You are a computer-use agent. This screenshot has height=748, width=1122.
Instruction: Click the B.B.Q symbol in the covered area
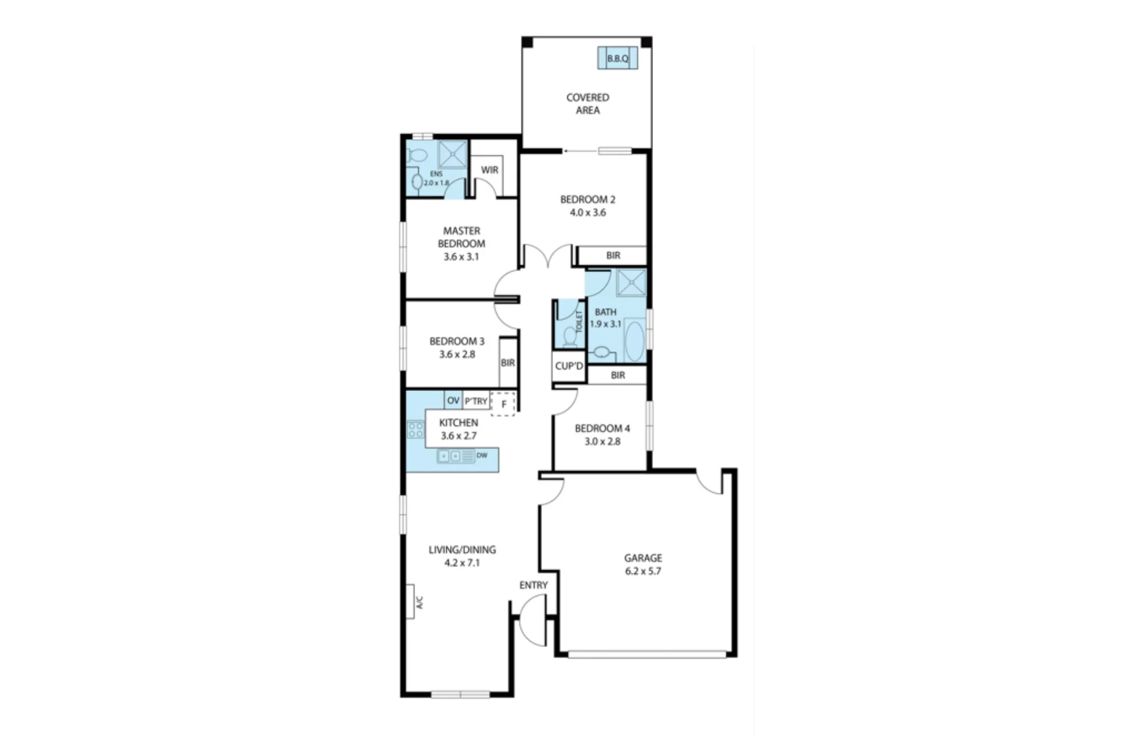[x=618, y=58]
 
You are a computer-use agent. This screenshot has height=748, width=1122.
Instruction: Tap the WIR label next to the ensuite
[x=489, y=170]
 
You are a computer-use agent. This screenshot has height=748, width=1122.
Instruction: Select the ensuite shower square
[x=452, y=155]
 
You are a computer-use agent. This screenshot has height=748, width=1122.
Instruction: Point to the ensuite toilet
[x=417, y=155]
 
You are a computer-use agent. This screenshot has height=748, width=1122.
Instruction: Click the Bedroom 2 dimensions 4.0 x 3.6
[x=588, y=213]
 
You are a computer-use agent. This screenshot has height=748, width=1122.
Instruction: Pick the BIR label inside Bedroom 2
[x=613, y=255]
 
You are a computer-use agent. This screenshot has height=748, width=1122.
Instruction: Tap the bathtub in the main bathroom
[x=636, y=341]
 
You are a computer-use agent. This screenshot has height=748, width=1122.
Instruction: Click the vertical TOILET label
[x=580, y=322]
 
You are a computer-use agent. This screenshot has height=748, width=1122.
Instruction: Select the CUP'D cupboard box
[x=569, y=366]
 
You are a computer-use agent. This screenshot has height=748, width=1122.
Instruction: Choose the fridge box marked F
[x=503, y=404]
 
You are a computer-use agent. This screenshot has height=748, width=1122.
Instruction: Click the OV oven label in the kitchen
[x=453, y=401]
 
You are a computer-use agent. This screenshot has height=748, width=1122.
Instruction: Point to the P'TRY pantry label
[x=476, y=401]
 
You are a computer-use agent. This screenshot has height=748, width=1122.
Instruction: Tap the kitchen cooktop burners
[x=416, y=430]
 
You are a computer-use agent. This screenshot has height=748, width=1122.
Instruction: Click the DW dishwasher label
[x=482, y=456]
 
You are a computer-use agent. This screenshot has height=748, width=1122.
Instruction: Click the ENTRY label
[x=534, y=585]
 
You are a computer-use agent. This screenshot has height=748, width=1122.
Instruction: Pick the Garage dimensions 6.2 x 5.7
[x=643, y=571]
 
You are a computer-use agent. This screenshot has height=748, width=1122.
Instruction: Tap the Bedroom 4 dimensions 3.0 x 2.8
[x=603, y=442]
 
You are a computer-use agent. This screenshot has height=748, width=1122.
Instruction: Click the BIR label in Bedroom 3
[x=508, y=363]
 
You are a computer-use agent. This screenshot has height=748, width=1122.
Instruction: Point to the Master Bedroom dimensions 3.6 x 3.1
[x=461, y=257]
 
